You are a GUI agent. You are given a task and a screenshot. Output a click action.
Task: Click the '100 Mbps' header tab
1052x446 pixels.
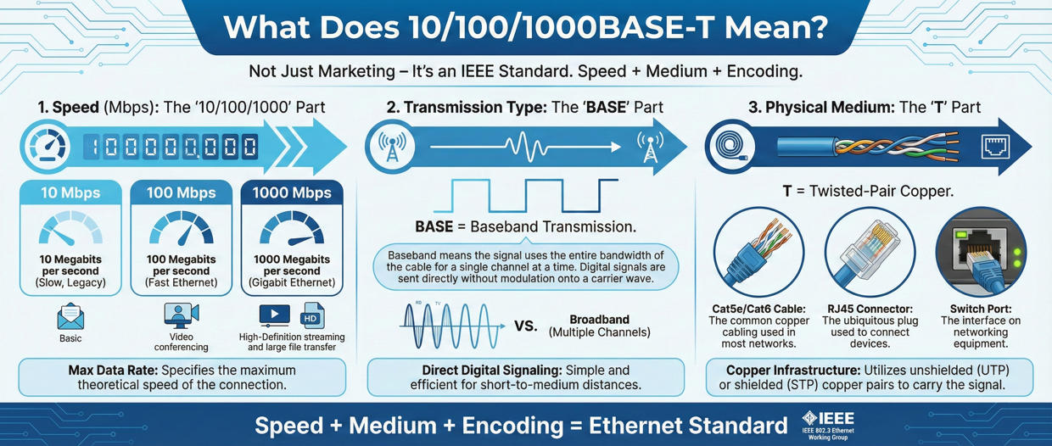click(x=182, y=192)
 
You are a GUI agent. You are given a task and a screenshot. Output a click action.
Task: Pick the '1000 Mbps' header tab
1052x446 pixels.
click(x=292, y=192)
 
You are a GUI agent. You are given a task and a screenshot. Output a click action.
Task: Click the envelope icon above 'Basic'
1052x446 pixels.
click(x=70, y=316)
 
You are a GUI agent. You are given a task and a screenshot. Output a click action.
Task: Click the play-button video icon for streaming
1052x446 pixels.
click(x=274, y=315)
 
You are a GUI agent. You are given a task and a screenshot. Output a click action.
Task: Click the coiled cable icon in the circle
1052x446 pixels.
click(x=730, y=147)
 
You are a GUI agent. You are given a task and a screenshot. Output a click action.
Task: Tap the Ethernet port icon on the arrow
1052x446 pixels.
click(x=993, y=147)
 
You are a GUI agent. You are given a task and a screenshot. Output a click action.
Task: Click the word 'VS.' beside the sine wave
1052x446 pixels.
click(x=526, y=326)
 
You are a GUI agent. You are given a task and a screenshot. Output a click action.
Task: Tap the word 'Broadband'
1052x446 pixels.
click(x=599, y=320)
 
